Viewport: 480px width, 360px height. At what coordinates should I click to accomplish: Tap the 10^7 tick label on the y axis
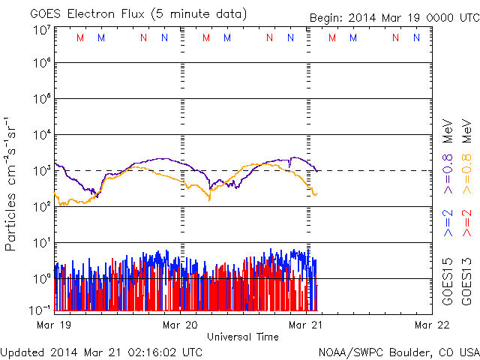tap(42, 30)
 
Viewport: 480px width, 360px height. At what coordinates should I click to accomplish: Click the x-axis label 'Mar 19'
tap(54, 325)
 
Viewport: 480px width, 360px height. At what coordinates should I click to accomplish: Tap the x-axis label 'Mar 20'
tap(180, 325)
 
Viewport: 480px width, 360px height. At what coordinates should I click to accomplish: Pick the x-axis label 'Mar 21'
tap(306, 325)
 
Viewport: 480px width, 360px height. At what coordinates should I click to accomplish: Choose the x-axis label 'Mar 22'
tap(432, 325)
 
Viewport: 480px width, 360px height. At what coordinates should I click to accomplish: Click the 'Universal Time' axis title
tap(242, 337)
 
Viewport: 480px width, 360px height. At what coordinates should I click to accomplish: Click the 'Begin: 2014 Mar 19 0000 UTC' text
tap(393, 17)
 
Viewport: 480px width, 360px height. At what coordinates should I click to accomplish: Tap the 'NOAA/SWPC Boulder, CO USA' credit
tap(398, 352)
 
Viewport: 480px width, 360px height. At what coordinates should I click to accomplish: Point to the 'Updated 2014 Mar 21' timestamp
tap(101, 352)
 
